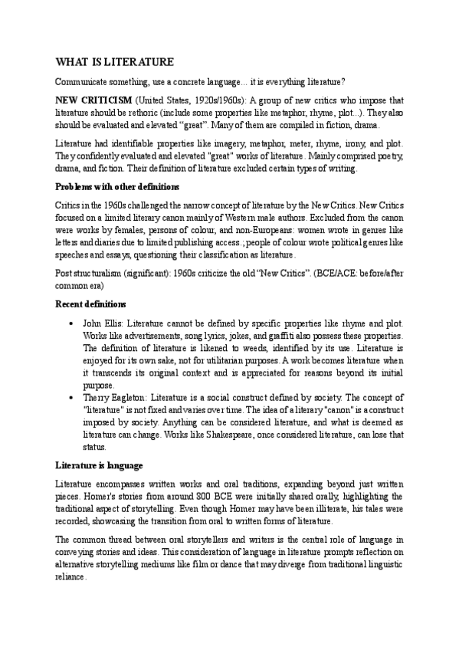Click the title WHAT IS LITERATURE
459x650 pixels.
(115, 61)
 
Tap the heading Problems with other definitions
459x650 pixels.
(118, 186)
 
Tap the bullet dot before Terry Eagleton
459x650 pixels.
(71, 398)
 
